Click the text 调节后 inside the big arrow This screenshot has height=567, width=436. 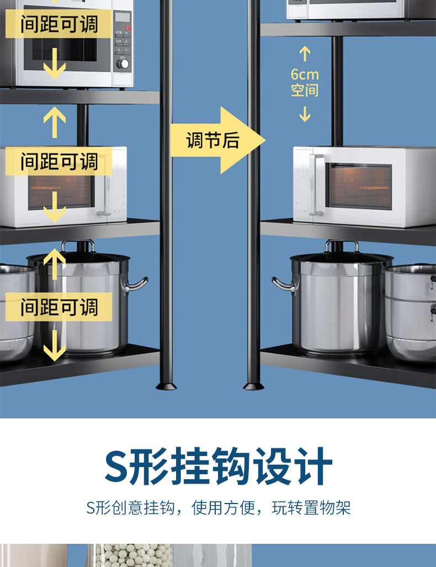click(x=212, y=140)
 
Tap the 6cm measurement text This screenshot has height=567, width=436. click(x=305, y=75)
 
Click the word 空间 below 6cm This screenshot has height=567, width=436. click(x=305, y=90)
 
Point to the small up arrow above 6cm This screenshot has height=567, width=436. click(x=305, y=54)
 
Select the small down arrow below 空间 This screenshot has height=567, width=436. click(x=305, y=114)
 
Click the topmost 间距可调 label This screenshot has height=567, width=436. click(x=59, y=24)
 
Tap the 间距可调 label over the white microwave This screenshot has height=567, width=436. click(x=59, y=162)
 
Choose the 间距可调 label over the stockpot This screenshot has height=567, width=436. click(x=59, y=307)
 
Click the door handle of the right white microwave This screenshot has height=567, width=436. click(x=316, y=185)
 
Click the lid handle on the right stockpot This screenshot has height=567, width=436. click(x=342, y=245)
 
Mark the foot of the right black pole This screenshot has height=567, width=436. click(x=253, y=385)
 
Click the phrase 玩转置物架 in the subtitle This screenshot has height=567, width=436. click(x=311, y=508)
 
